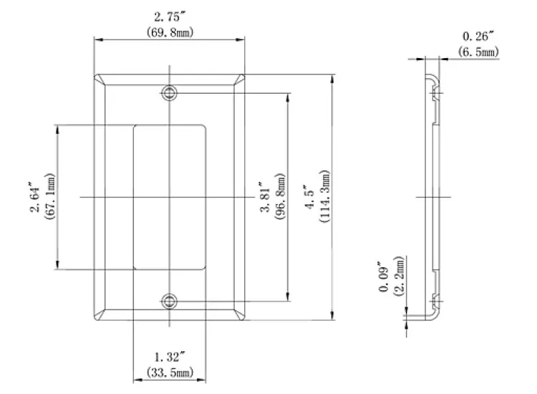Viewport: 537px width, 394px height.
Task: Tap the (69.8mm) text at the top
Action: tap(170, 33)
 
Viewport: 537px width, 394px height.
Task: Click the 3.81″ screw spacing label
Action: tap(266, 196)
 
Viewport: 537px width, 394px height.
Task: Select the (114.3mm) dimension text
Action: tap(324, 196)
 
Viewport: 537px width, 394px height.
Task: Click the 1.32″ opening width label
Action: tap(170, 357)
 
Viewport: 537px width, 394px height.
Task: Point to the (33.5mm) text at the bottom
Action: tap(170, 373)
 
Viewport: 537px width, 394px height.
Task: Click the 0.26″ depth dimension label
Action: tap(478, 37)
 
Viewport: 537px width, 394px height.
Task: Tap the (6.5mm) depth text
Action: tap(478, 52)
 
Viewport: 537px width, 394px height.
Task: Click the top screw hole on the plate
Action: tap(170, 92)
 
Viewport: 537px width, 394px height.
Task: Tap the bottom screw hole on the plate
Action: tap(170, 301)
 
